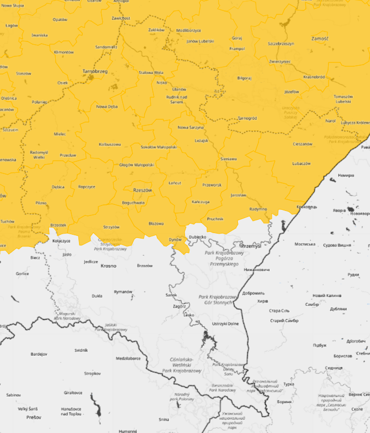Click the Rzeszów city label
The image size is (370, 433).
(142, 189)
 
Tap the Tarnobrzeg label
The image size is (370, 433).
(94, 71)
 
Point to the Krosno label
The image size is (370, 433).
(108, 265)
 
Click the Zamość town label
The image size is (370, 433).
(320, 39)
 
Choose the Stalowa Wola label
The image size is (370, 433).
(151, 72)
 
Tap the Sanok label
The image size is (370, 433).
(171, 295)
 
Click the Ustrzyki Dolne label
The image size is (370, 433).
(225, 324)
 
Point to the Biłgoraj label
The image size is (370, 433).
(244, 78)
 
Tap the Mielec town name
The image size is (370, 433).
(60, 134)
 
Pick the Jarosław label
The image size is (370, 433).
(238, 195)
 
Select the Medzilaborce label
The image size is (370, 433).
(128, 358)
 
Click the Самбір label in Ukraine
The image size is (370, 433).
(311, 304)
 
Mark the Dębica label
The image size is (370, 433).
(58, 187)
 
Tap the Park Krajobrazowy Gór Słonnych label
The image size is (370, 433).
(218, 300)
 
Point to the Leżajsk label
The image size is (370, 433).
(202, 140)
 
